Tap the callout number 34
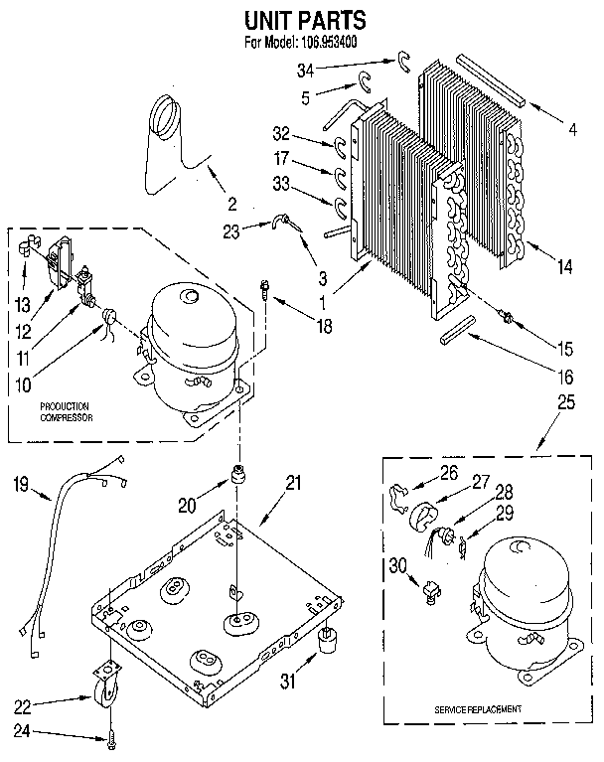307,69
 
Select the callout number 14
565,265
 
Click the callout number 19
21,486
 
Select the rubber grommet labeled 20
238,474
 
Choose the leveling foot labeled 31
324,645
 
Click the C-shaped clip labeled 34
403,62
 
